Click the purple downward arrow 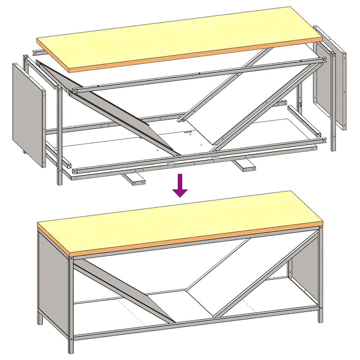click(179, 186)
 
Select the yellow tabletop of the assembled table click(180, 221)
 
